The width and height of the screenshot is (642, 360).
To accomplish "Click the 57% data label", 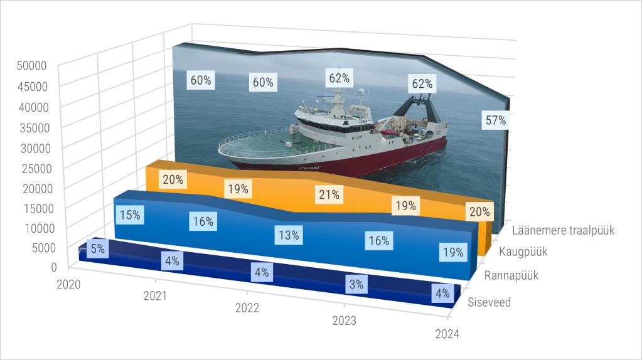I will (496, 121).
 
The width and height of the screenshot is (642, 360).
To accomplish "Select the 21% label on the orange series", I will (329, 195).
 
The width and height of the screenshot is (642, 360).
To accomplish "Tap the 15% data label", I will (129, 215).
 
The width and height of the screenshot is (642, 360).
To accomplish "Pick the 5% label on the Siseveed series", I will (97, 248).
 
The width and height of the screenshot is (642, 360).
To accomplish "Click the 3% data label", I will (356, 284).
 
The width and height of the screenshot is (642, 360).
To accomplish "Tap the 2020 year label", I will (68, 285).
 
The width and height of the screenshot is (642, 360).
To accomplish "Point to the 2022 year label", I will (247, 308).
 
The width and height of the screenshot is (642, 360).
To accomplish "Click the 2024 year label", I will (447, 334).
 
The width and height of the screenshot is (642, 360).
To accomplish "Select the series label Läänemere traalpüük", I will (563, 230).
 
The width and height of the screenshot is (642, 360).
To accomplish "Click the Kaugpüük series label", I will (523, 252).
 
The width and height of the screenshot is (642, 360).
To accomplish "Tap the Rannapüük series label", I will (511, 275).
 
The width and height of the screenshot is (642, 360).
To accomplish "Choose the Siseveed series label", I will (490, 302).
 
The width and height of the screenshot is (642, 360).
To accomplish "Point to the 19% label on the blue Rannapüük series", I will (452, 253).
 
